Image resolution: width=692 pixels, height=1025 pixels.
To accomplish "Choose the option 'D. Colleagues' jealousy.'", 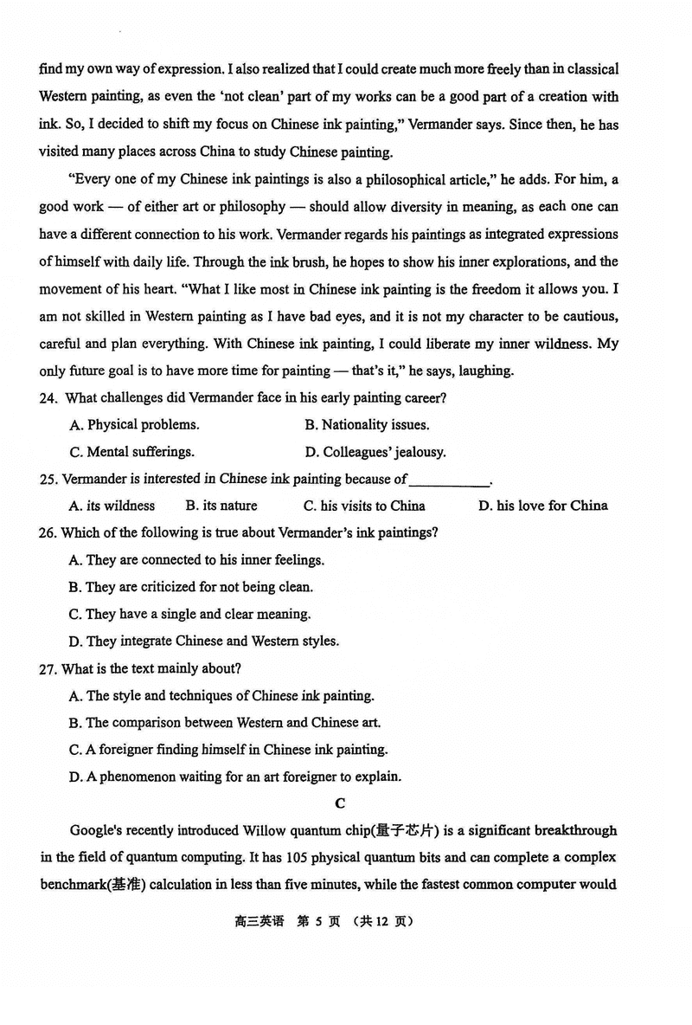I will [375, 452].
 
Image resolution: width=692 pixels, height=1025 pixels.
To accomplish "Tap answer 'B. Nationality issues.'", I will [367, 425].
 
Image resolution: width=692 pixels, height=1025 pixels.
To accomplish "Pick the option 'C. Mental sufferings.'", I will [131, 452].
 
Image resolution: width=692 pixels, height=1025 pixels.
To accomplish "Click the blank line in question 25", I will [448, 480].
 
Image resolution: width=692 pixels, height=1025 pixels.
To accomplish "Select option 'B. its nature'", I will [221, 506].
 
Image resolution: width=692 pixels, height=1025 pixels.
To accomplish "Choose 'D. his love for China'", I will [542, 506].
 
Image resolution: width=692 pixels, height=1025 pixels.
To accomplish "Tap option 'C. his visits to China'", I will [364, 506].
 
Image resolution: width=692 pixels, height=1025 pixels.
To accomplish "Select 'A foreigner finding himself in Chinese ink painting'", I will [227, 750].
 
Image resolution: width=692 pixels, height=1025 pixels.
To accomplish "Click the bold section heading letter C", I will [340, 803].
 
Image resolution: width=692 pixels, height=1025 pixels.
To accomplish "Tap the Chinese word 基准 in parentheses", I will [129, 886].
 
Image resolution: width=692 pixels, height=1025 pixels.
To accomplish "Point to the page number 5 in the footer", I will [318, 922].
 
